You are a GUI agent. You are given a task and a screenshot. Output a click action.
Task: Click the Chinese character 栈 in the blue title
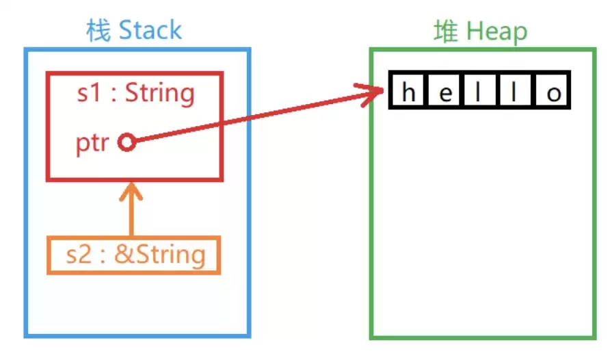tap(98, 30)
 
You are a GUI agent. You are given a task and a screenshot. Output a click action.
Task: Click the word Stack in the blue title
tap(150, 30)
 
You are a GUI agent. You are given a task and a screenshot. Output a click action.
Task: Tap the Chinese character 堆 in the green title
tap(446, 31)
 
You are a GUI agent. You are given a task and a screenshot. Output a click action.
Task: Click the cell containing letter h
tap(408, 90)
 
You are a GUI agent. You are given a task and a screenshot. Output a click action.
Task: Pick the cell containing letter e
tap(445, 90)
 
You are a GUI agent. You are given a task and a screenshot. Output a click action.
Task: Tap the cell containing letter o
tap(553, 90)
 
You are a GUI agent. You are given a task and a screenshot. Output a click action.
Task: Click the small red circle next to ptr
tap(127, 142)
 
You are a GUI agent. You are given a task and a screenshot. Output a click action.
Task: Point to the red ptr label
tap(92, 144)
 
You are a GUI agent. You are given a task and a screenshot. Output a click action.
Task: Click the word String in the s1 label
tap(159, 93)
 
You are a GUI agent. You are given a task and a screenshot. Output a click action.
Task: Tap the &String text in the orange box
tap(160, 255)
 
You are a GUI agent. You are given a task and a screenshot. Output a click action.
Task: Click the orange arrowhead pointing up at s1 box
tap(131, 192)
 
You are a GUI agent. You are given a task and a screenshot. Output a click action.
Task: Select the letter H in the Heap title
tap(475, 30)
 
